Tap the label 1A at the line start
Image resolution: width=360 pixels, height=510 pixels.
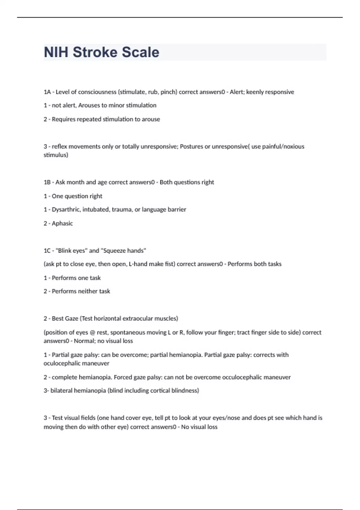click(47, 92)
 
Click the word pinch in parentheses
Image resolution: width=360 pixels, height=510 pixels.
click(168, 92)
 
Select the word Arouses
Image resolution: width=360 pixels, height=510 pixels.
click(88, 105)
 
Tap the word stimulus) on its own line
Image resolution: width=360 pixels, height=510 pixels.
click(56, 155)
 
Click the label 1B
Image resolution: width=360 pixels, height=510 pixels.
click(47, 182)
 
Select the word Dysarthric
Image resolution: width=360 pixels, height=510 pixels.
click(65, 209)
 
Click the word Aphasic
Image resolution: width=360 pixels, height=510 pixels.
click(62, 223)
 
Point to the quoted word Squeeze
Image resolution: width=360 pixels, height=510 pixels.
click(114, 250)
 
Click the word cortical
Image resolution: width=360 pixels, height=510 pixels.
click(155, 391)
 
